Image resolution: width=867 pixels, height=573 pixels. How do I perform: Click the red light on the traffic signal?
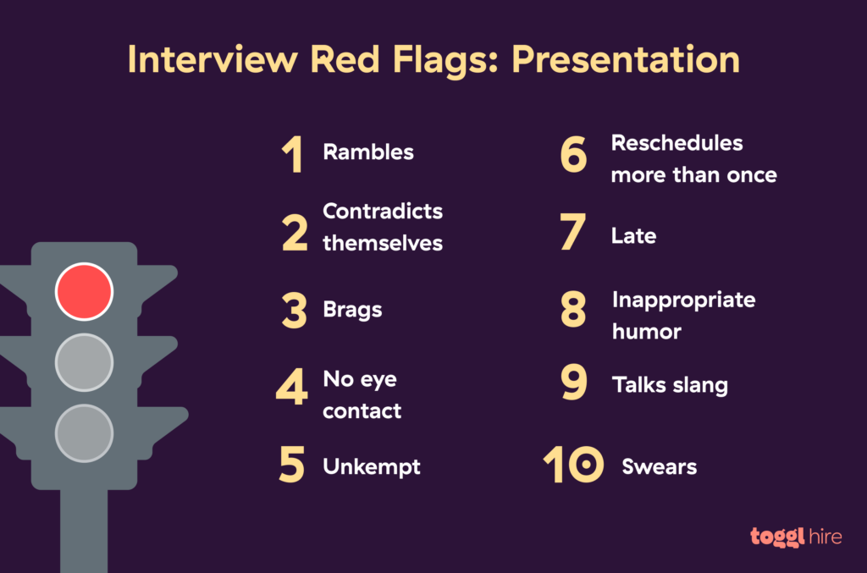84,291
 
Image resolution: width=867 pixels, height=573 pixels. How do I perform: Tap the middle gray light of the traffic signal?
84,362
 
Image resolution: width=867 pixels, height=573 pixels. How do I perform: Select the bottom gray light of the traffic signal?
84,433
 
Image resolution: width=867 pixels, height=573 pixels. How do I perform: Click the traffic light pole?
84,529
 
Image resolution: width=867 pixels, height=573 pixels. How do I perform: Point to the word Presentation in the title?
625,60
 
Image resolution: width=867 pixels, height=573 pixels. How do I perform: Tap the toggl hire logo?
795,537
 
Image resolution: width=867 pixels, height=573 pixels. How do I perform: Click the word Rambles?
368,152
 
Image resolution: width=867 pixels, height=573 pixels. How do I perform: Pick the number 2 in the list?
295,233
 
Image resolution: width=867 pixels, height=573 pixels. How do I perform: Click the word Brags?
352,310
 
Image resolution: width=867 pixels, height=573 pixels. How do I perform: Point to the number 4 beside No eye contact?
292,388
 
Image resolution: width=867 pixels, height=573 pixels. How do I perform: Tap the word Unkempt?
372,466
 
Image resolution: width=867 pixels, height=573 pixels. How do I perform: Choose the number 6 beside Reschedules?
574,156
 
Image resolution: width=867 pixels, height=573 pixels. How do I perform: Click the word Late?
633,236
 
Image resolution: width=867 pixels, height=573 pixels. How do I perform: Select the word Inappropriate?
683,300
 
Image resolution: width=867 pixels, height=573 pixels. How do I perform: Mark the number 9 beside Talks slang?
574,384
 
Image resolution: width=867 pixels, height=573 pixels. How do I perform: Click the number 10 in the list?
573,466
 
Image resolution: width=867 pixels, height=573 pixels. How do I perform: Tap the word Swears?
659,466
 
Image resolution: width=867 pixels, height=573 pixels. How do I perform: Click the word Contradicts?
383,211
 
